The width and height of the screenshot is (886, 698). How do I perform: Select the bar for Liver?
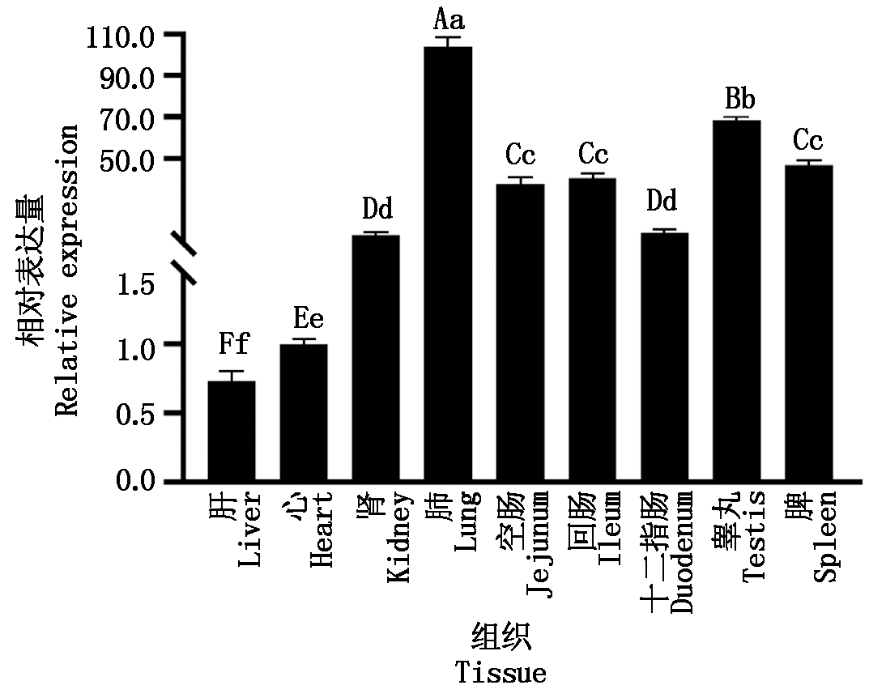pos(232,431)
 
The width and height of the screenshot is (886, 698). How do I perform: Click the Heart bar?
pos(304,413)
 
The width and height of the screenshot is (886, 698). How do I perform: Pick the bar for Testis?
pos(737,300)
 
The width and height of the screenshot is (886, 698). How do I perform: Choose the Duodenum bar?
pos(665,357)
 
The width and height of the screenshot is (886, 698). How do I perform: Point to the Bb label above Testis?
pos(739,100)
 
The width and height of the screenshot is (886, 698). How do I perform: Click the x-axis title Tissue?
pos(501,673)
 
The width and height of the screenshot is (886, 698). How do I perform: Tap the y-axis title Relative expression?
pos(68,270)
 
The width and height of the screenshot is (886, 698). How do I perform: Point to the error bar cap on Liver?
pos(232,371)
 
